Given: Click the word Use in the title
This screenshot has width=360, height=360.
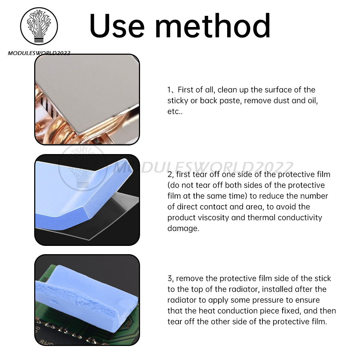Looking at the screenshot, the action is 117,26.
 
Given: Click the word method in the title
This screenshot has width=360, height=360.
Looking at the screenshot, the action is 213,25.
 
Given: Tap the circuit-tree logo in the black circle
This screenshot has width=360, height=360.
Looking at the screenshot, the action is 39,26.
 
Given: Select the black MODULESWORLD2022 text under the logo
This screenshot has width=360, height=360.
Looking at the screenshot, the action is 39,53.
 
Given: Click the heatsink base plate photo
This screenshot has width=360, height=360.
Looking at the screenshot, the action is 87,99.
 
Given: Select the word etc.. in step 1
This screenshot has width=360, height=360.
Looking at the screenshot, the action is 175,112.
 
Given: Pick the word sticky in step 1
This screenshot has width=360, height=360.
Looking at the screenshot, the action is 178,101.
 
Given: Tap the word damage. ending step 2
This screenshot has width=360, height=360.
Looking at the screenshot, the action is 183,229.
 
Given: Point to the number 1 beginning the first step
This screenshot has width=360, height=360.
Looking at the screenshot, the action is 169,90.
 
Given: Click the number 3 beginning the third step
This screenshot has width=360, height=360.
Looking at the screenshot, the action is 170,279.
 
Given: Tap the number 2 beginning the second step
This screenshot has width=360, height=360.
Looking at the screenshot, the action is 170,175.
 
